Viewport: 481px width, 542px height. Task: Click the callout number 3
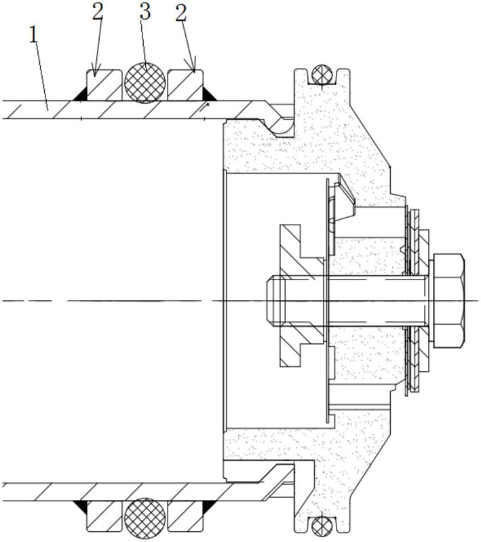[x=145, y=12]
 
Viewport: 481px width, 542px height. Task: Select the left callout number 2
[x=98, y=13]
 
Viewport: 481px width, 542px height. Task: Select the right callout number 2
[x=181, y=13]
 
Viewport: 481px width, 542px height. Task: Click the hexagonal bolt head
[x=447, y=301]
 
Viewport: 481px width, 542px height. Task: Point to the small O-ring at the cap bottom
[x=322, y=527]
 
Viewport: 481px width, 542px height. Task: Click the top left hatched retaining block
[x=104, y=85]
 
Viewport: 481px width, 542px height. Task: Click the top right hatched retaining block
[x=185, y=85]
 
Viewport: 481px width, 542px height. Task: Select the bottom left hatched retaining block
[x=104, y=516]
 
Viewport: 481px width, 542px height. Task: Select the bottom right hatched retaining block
[x=185, y=516]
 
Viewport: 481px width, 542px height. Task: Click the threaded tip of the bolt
[x=275, y=301]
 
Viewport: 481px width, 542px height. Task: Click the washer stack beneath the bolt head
[x=417, y=301]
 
